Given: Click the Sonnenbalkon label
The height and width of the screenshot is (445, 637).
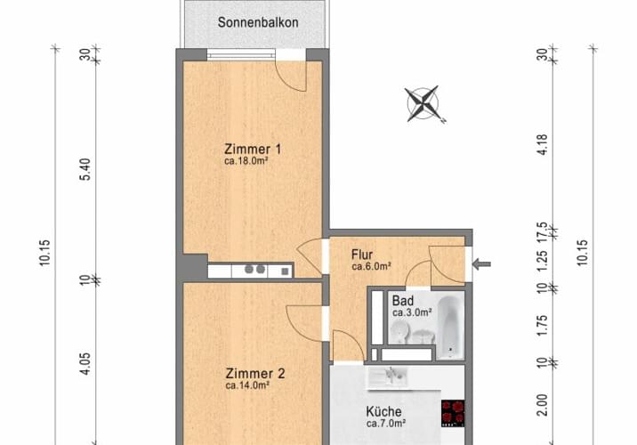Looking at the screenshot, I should [x=256, y=22].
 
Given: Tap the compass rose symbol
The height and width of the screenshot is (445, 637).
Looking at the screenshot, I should [x=423, y=102].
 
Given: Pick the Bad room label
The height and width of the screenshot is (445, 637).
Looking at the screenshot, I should [x=402, y=300].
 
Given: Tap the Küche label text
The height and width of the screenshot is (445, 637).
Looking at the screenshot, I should [x=384, y=412].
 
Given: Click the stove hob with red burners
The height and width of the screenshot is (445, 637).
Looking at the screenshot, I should [x=453, y=412].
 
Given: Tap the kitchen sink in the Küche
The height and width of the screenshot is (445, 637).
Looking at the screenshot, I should [x=389, y=376].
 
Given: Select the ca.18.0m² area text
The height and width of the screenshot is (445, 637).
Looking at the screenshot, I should [x=246, y=162].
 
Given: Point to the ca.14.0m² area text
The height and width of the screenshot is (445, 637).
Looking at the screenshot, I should [x=246, y=387].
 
